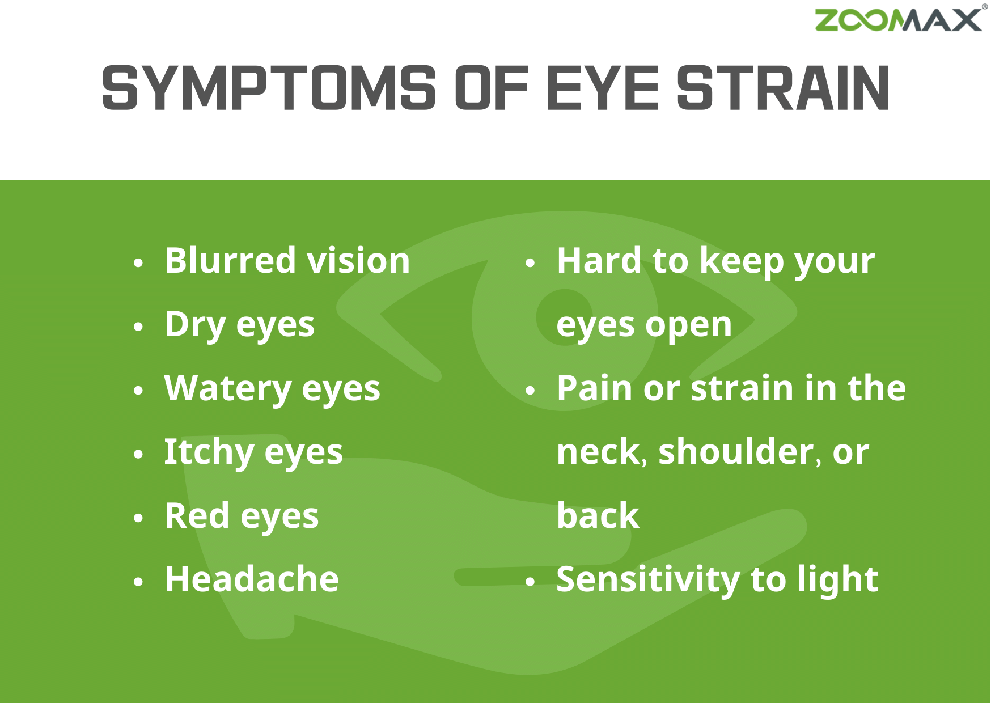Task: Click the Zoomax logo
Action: [899, 20]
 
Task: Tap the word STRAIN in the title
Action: [783, 88]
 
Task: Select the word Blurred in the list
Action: [230, 261]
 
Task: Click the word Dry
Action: [195, 325]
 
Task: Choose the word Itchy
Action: [209, 452]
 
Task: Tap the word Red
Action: [197, 516]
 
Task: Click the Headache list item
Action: [252, 579]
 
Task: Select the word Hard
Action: [599, 261]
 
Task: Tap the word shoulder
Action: [736, 452]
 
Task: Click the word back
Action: [598, 516]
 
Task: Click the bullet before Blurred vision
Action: [138, 263]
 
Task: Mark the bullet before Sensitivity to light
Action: [530, 582]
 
